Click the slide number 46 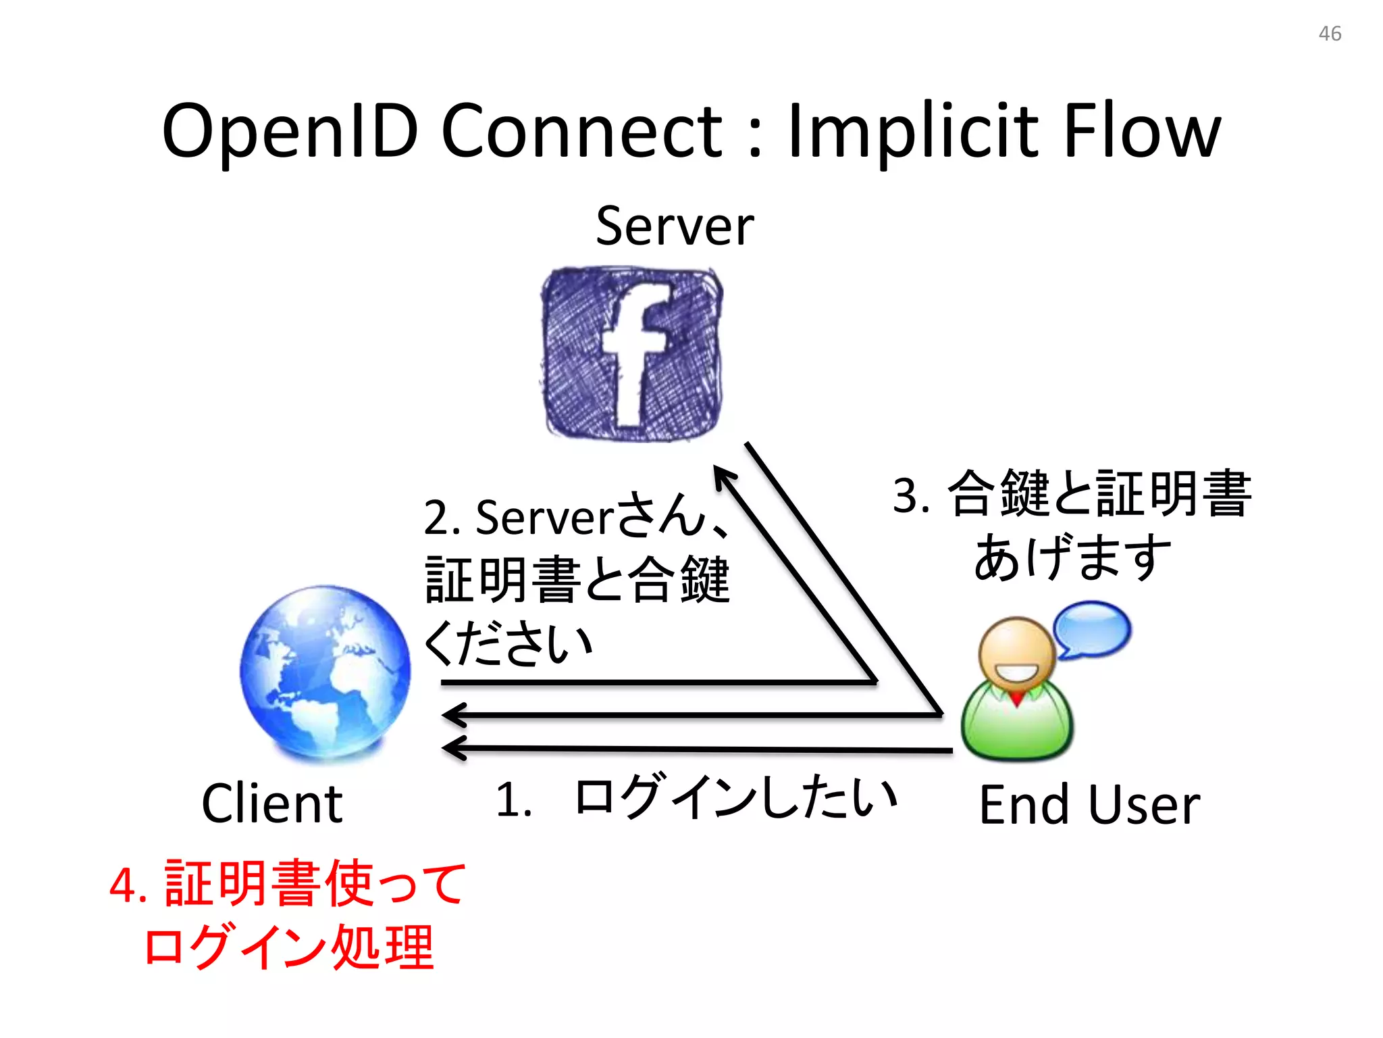[x=1330, y=34]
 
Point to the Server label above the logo [x=675, y=226]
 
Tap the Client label [x=272, y=804]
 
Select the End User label [x=1089, y=805]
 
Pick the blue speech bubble [x=1092, y=629]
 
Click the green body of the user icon [x=1016, y=726]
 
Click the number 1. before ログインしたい [x=513, y=800]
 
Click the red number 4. [x=128, y=885]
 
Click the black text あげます [x=1072, y=558]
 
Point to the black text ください [x=508, y=643]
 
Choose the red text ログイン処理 [x=289, y=947]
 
